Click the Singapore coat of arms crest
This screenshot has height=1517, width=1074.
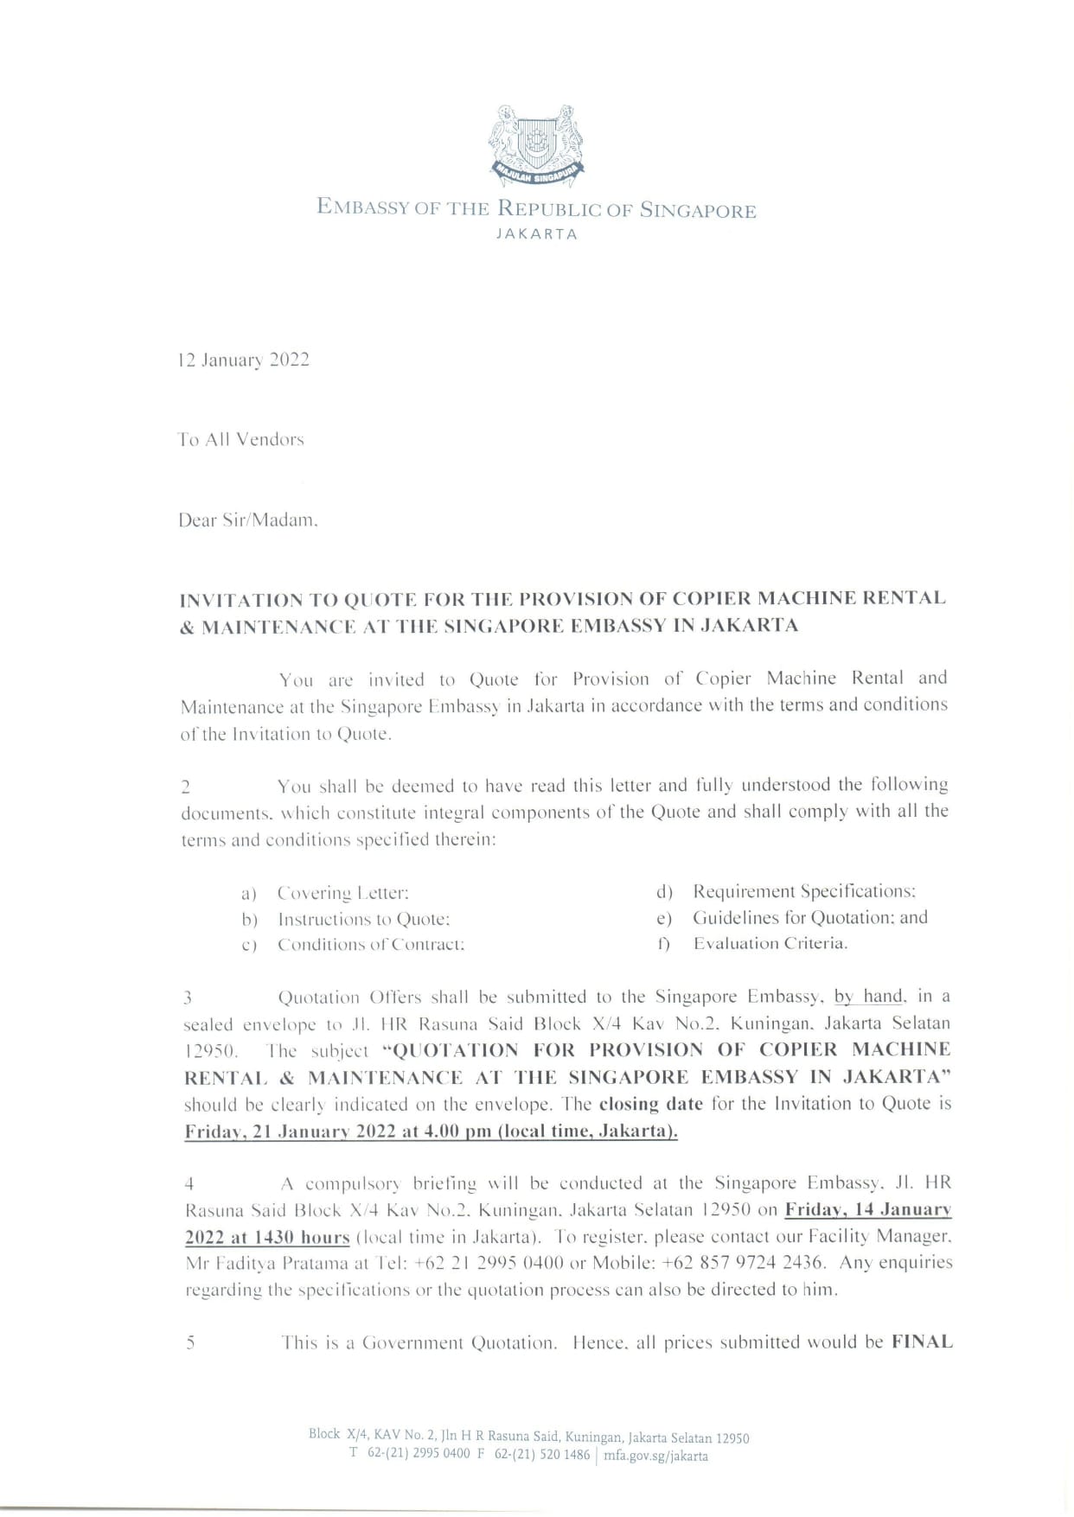tap(536, 144)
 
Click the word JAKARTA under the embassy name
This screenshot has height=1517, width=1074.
tap(536, 234)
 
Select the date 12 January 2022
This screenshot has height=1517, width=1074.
tap(244, 360)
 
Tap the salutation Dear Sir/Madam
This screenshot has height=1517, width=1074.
tap(248, 520)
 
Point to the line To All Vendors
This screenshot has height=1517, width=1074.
tap(241, 439)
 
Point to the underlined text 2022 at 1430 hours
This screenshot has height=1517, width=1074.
tap(267, 1237)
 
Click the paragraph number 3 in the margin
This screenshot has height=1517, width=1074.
tap(188, 998)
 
